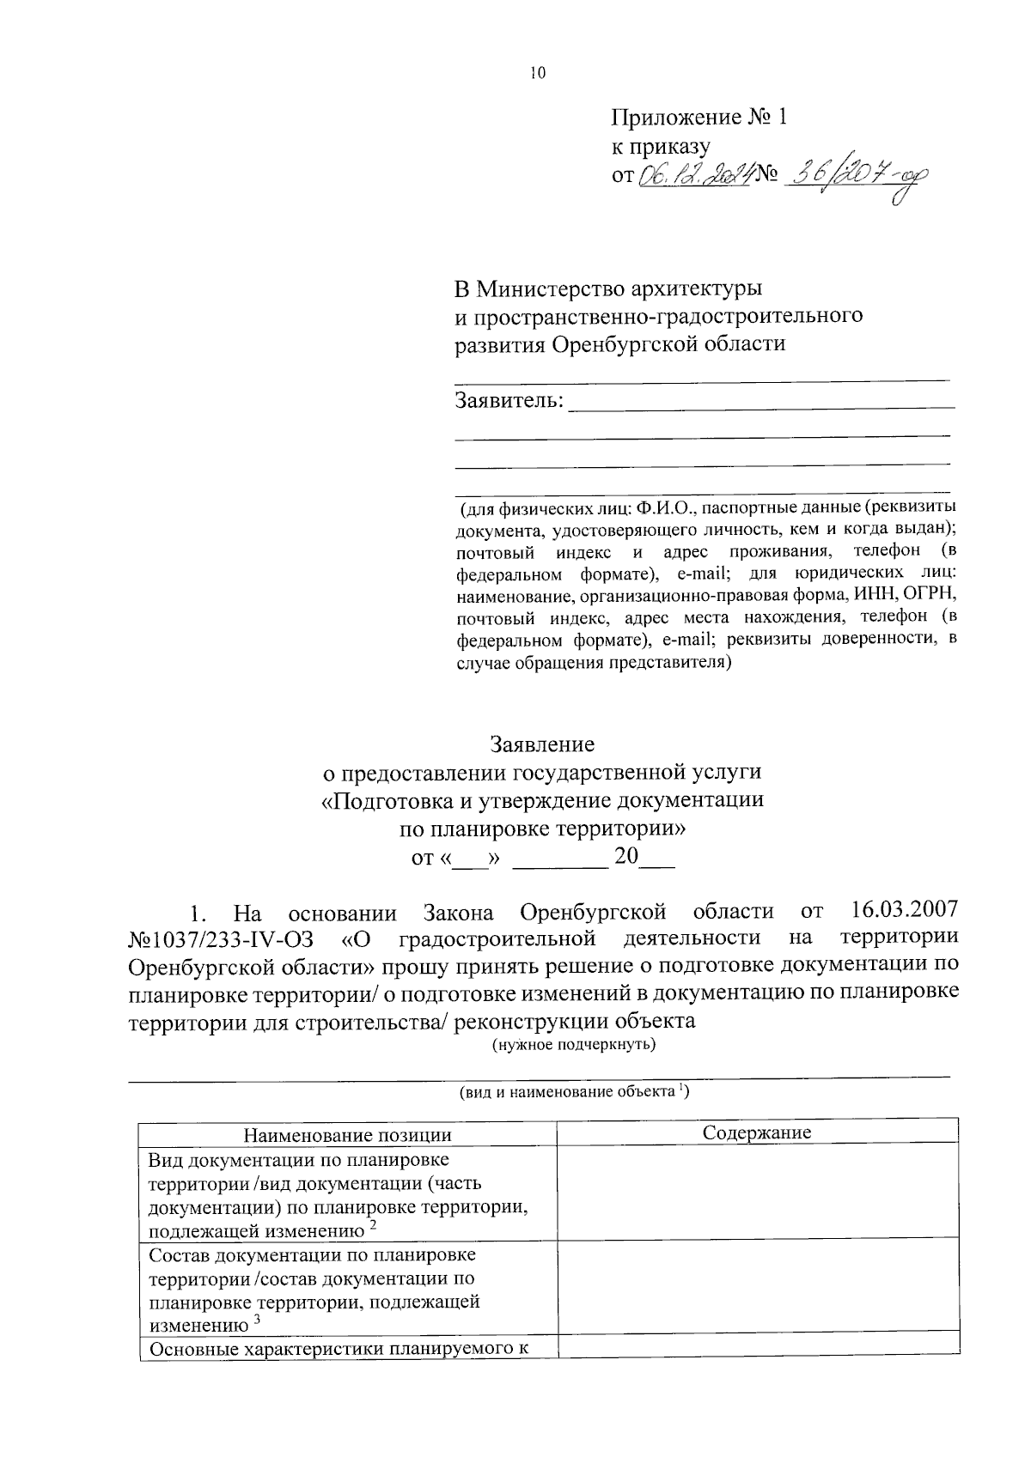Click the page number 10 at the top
point(537,74)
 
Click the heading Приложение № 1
point(699,118)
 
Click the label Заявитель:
point(509,400)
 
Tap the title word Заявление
point(542,743)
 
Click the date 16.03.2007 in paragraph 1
point(905,908)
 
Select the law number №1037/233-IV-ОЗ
point(222,937)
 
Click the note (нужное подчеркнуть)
point(574,1045)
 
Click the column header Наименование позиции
point(348,1135)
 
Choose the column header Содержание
point(757,1132)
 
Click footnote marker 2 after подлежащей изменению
point(374,1226)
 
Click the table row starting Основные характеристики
point(338,1348)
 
